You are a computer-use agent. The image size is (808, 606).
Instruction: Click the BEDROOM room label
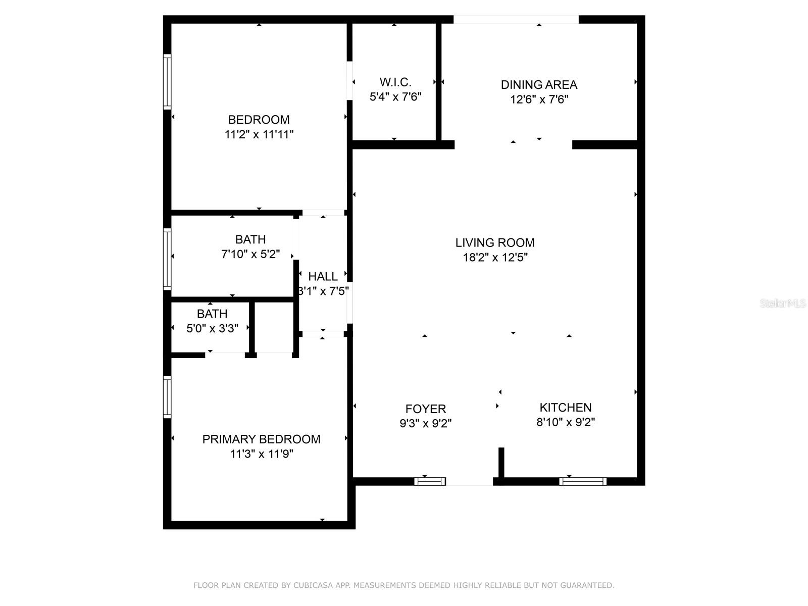[x=259, y=120]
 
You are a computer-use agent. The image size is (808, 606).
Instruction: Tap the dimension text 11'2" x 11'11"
[x=259, y=134]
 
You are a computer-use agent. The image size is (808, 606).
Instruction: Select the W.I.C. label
[x=395, y=82]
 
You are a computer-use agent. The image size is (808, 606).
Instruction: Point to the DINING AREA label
[x=539, y=85]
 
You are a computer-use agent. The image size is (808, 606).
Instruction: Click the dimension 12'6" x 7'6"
[x=539, y=99]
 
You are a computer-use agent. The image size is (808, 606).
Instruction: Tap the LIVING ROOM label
[x=495, y=243]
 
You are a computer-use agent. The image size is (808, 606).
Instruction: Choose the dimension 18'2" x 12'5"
[x=495, y=258]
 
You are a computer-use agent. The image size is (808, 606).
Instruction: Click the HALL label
[x=323, y=277]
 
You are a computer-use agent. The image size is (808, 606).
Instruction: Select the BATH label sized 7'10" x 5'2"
[x=250, y=239]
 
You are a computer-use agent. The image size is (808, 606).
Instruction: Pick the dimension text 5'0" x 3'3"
[x=212, y=328]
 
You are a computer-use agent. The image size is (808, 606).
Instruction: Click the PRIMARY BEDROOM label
[x=261, y=439]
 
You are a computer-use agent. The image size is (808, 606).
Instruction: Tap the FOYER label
[x=425, y=409]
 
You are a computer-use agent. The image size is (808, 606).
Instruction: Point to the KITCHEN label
[x=565, y=408]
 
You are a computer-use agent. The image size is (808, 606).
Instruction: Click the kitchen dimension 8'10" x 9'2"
[x=565, y=422]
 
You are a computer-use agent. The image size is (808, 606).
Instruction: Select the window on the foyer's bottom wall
[x=430, y=481]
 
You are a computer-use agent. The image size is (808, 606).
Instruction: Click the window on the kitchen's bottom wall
[x=583, y=481]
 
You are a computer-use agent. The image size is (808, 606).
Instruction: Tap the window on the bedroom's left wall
[x=167, y=81]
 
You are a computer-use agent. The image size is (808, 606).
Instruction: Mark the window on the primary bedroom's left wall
[x=167, y=397]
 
